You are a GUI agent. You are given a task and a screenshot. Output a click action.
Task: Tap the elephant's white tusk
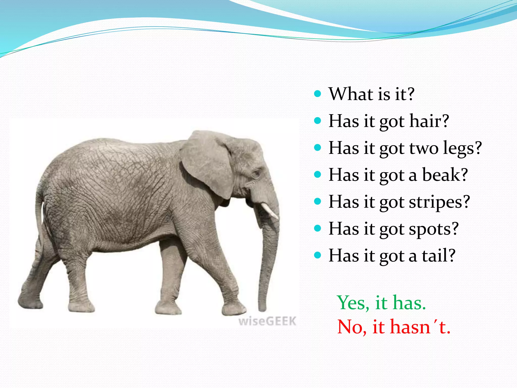click(270, 211)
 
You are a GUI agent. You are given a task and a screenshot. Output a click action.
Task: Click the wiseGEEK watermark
click(267, 321)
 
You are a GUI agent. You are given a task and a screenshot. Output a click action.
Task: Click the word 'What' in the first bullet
click(349, 94)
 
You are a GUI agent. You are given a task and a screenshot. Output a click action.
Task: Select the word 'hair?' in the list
click(429, 121)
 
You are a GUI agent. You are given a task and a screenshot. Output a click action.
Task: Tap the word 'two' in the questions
click(424, 148)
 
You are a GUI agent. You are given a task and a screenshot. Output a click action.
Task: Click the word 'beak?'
click(445, 175)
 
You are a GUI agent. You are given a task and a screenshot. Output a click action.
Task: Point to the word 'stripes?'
click(439, 202)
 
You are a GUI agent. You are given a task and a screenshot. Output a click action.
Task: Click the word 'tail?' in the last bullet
click(439, 256)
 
